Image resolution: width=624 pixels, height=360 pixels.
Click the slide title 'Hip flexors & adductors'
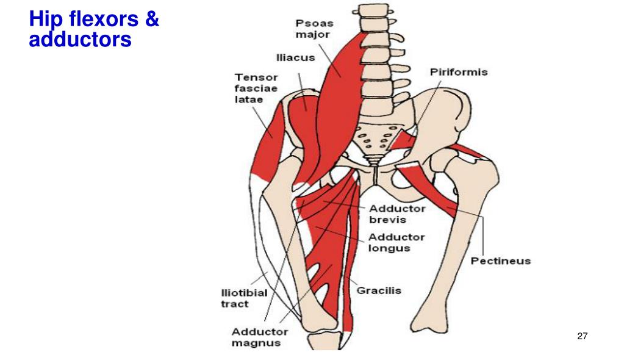click(x=94, y=29)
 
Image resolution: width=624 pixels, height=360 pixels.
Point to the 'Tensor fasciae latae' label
click(x=256, y=88)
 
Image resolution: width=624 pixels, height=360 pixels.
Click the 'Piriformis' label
click(x=459, y=72)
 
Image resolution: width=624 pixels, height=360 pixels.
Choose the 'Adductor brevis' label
click(x=397, y=214)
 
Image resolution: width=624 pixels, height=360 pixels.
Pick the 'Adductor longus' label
click(x=397, y=242)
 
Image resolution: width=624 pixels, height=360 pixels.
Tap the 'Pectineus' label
click(x=500, y=261)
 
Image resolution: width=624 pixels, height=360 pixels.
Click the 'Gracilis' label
click(x=379, y=290)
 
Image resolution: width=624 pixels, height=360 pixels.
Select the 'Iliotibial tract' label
click(x=244, y=298)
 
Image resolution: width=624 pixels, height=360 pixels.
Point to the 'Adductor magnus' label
click(x=260, y=337)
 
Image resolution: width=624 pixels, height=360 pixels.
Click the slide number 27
click(x=582, y=336)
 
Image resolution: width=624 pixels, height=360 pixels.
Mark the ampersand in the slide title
click(x=152, y=20)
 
